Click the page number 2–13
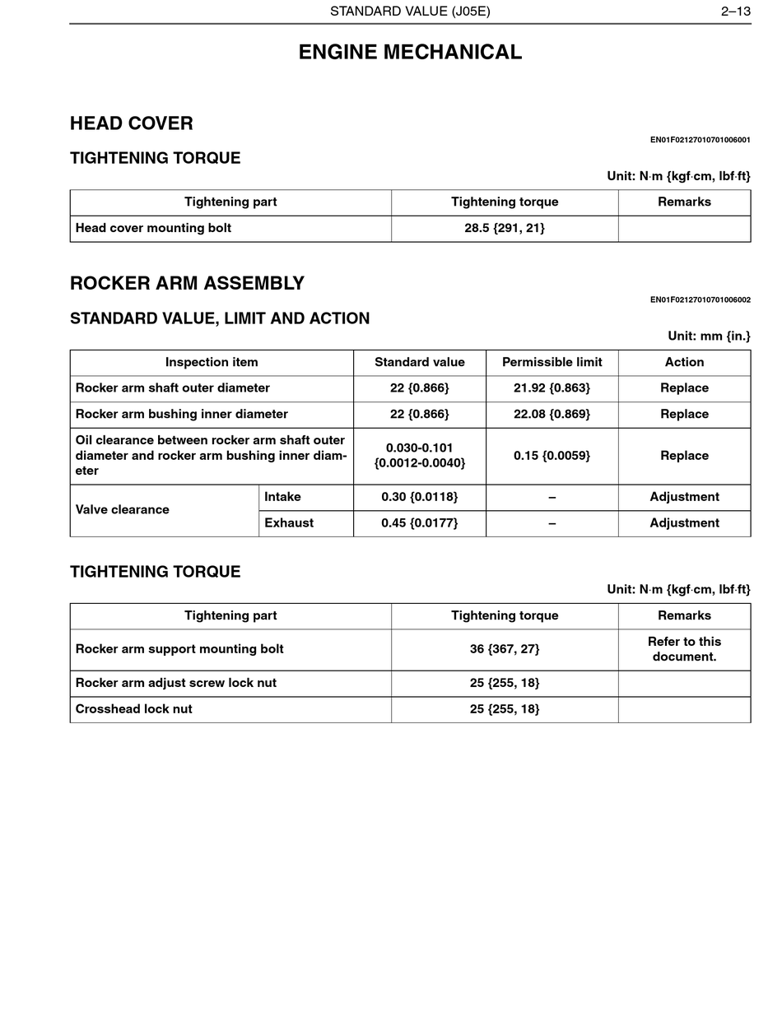pos(735,12)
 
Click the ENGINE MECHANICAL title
pos(410,52)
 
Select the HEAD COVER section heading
pos(132,123)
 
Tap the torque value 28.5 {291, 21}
pos(504,228)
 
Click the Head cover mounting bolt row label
pos(153,228)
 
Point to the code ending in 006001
pos(700,140)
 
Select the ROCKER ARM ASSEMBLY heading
pos(187,283)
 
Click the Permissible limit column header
pos(552,362)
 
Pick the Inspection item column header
pos(212,362)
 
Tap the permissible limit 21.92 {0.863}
pos(552,388)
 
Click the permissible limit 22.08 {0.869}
pos(552,414)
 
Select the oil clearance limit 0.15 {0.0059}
pos(552,455)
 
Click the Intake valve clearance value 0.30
pos(419,497)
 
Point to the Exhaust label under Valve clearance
pos(289,522)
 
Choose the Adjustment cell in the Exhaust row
pos(684,522)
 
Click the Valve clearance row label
pos(123,509)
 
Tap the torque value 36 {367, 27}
pos(504,648)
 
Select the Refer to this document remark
pos(684,648)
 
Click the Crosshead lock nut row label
pos(133,708)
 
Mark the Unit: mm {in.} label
pos(709,336)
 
